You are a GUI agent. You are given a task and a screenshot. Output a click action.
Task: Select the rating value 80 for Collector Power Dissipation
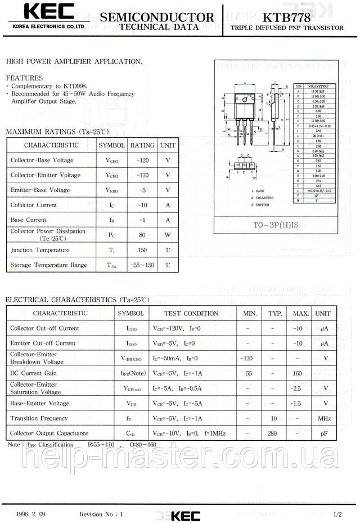pos(142,235)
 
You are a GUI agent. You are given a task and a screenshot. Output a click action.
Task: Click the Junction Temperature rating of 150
pos(142,250)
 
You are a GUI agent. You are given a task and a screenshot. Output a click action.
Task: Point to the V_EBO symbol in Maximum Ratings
pos(111,190)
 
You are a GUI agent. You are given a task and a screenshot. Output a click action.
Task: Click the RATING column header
pos(142,145)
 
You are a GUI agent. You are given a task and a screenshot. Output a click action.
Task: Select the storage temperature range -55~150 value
pos(142,265)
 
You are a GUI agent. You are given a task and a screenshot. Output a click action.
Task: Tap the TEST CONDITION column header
pos(191,313)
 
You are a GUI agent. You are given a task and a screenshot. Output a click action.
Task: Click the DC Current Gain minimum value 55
pos(249,373)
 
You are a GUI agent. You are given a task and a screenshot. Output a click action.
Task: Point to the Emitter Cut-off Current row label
pos(43,343)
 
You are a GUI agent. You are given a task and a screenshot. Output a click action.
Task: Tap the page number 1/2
pos(337,515)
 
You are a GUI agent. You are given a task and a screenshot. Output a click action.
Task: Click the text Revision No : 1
pos(101,515)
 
